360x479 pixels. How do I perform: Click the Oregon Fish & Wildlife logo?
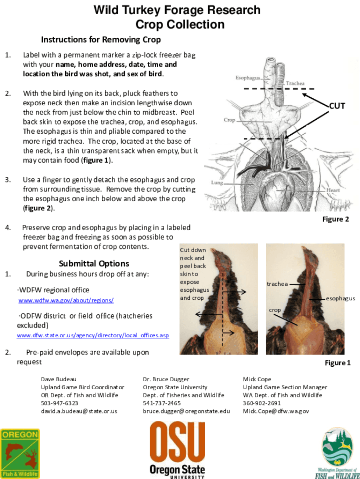20,453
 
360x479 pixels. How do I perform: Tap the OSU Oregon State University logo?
177,449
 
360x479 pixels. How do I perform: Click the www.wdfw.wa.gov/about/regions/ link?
66,300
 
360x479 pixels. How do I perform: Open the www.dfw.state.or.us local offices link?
93,335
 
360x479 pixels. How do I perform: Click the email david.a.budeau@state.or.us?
79,411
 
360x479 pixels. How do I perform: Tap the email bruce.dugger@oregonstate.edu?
187,411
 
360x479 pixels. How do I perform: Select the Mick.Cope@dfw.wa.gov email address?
276,411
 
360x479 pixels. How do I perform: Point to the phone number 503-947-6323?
59,403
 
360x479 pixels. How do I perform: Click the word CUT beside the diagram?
337,106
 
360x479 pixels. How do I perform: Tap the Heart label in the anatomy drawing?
333,190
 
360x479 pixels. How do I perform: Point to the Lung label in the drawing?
217,182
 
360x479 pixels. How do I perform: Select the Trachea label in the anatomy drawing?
295,83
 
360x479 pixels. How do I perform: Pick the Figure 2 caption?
336,219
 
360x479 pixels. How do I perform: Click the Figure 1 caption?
338,363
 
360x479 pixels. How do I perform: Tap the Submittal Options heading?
94,263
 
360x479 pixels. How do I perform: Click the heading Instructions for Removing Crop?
101,39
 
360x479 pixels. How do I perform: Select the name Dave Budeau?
58,379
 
